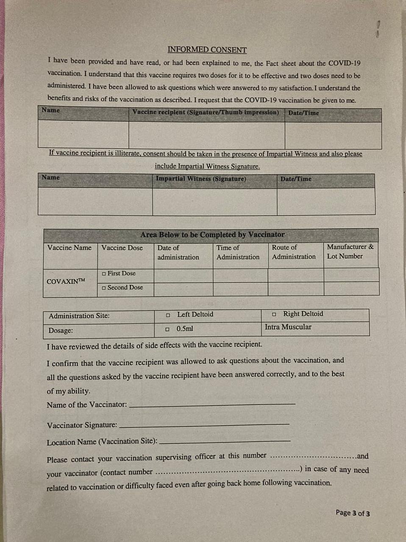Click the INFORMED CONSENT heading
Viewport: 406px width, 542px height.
[207, 50]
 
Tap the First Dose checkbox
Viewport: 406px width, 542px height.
[104, 274]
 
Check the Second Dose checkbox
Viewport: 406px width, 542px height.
[104, 288]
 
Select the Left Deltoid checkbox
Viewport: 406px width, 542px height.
[168, 315]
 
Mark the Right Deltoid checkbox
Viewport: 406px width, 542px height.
[274, 314]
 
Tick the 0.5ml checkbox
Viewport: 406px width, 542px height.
[167, 329]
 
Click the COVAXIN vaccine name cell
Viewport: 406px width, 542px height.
[66, 281]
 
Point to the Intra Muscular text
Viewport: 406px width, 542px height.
[288, 327]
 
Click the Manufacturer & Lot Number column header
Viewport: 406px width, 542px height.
[350, 252]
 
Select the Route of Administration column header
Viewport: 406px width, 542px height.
[294, 252]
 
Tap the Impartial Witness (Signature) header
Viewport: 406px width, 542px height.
[200, 179]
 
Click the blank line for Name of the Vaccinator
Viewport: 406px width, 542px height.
[212, 404]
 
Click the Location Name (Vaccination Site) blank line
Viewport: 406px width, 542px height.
[225, 441]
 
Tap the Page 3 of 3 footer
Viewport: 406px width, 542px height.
[353, 513]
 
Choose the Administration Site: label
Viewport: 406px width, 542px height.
[79, 316]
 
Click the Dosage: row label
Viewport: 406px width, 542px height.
[61, 330]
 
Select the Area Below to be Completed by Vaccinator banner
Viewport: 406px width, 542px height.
[212, 235]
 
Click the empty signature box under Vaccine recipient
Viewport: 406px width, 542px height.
[206, 135]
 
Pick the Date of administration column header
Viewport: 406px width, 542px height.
[178, 252]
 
